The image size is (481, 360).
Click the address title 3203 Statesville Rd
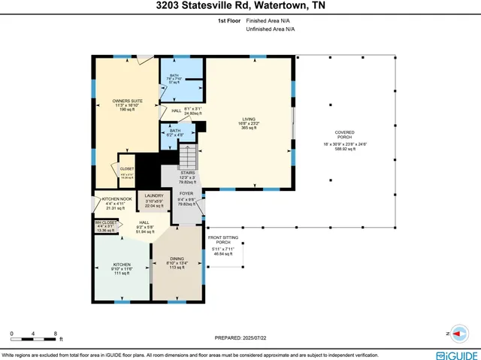tap(240, 7)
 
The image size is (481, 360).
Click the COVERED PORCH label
tap(345, 135)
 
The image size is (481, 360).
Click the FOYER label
tap(186, 193)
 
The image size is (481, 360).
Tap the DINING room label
tap(177, 258)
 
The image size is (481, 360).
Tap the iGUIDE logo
tap(453, 354)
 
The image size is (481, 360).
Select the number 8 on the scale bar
tap(56, 333)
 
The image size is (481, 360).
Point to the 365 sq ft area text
tap(249, 129)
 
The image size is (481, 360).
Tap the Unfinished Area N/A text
tap(268, 29)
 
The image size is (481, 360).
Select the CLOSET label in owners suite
tap(127, 169)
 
